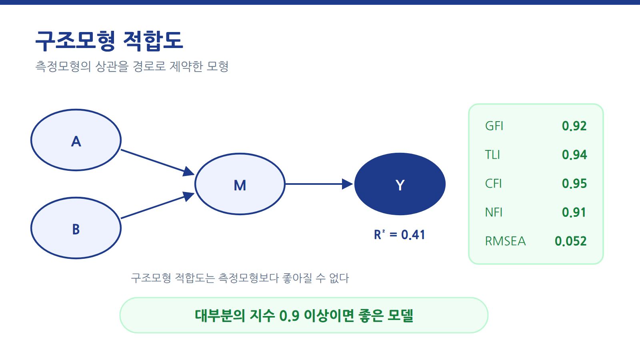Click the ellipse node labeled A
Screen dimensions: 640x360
tap(76, 140)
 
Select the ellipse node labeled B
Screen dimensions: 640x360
tap(76, 228)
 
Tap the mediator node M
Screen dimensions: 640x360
tap(240, 184)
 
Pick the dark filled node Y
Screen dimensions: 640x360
tap(400, 184)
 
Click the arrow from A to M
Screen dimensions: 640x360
tap(158, 162)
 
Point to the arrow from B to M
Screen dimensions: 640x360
tap(158, 206)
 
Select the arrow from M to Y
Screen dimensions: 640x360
tap(320, 184)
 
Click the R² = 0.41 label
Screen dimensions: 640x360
tap(400, 234)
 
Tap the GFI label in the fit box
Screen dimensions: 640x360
tap(494, 126)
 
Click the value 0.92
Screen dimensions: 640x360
tap(574, 126)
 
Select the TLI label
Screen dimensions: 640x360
tap(492, 155)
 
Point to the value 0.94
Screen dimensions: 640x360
tap(574, 155)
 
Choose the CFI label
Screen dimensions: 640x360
tap(493, 184)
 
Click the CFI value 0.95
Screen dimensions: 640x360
tap(574, 184)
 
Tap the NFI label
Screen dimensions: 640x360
tap(494, 212)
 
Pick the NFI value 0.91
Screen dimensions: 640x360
tap(574, 212)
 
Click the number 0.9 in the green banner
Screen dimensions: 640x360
tap(289, 316)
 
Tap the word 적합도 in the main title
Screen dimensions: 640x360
tap(153, 40)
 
